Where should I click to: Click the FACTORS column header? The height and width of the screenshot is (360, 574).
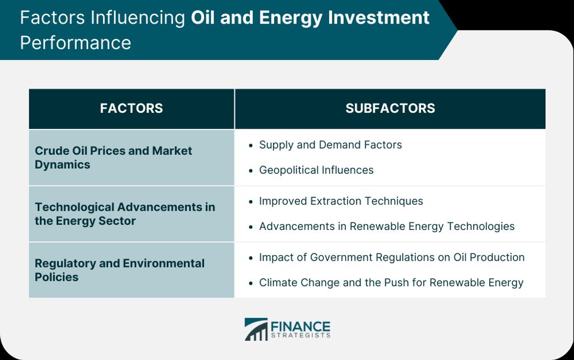coord(131,108)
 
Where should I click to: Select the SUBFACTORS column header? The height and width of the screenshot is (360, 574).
coord(390,108)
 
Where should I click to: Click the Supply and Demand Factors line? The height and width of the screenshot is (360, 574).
coord(330,145)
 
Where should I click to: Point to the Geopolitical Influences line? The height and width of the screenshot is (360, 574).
coord(316,170)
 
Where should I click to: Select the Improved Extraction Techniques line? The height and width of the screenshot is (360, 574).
coord(341,201)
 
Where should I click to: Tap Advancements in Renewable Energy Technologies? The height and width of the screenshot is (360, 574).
coord(387,227)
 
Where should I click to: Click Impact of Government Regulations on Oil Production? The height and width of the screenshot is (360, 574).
coord(392,257)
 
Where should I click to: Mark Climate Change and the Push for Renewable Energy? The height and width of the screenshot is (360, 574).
coord(391,283)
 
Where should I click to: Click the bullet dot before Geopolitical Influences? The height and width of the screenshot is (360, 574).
coord(251,170)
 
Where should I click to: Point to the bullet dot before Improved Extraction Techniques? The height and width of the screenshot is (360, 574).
coord(251,202)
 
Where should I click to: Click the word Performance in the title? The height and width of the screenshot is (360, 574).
coord(76,43)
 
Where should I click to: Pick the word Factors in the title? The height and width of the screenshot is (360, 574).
coord(52,17)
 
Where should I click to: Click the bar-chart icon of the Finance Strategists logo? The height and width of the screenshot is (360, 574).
coord(256,329)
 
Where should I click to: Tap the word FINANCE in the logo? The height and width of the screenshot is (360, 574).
coord(300,326)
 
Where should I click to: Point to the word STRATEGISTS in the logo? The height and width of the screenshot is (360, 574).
coord(300,335)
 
